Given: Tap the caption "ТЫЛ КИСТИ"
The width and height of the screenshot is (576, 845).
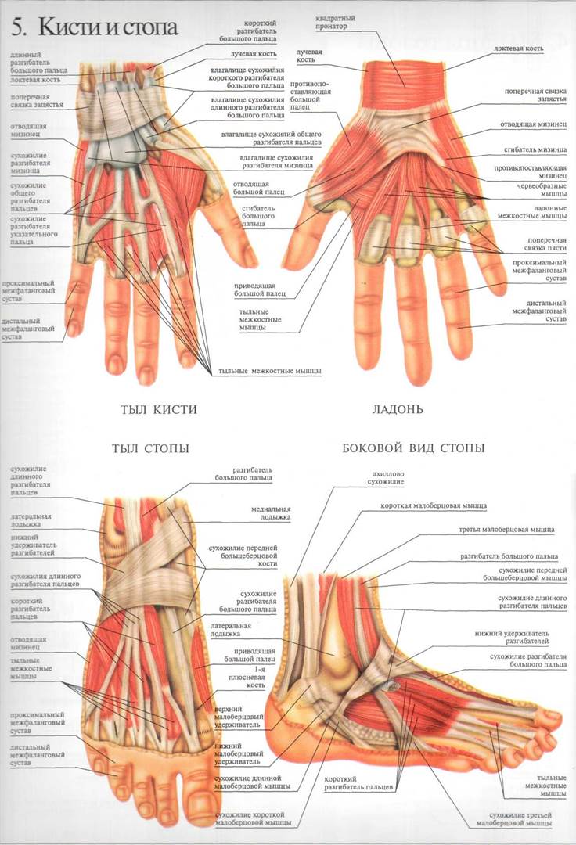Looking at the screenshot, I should pos(157,409).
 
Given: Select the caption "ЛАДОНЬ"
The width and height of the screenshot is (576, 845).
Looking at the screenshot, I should pos(397,409).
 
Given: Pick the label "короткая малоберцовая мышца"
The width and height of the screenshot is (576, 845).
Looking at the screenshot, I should pos(433,506).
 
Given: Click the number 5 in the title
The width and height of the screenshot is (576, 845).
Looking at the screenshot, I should pos(17,28).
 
